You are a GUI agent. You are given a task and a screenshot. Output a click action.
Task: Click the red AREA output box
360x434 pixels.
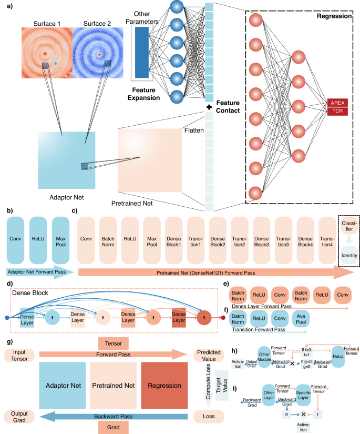(x=337, y=103)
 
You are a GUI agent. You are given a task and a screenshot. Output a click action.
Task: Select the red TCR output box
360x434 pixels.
(x=337, y=111)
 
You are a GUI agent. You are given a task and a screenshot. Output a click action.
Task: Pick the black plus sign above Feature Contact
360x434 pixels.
(x=209, y=107)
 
